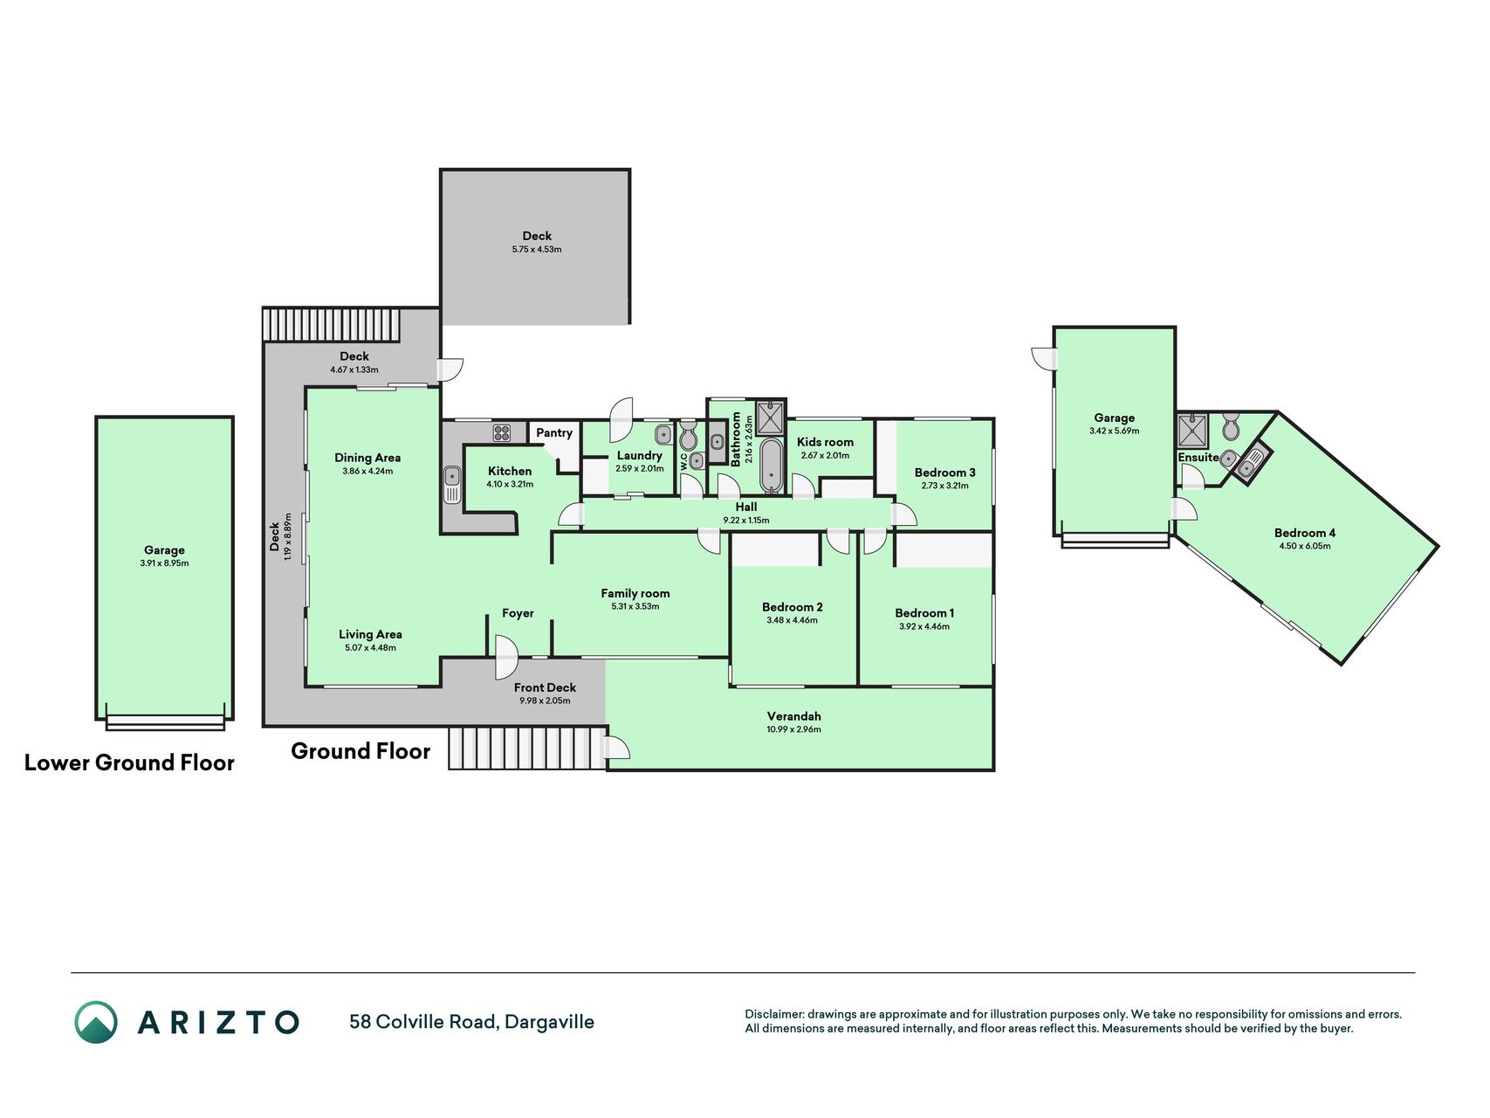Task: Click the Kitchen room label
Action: [510, 471]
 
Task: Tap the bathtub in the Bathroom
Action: [772, 466]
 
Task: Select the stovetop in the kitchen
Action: [502, 432]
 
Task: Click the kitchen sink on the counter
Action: [452, 485]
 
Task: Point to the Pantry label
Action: [554, 432]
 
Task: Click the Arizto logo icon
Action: [96, 1022]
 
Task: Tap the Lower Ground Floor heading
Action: [129, 763]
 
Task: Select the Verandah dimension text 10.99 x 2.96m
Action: [794, 729]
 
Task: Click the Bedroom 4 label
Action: [1305, 533]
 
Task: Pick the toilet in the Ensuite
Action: [1231, 426]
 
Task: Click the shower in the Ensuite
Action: [1192, 431]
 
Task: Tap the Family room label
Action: [635, 593]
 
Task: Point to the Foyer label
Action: [518, 613]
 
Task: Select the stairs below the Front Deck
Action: [527, 749]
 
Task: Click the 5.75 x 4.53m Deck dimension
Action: [537, 249]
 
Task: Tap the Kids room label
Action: [825, 442]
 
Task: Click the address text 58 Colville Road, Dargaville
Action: [471, 1022]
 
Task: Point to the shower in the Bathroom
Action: [771, 418]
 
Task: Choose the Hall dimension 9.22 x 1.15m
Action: [746, 521]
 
